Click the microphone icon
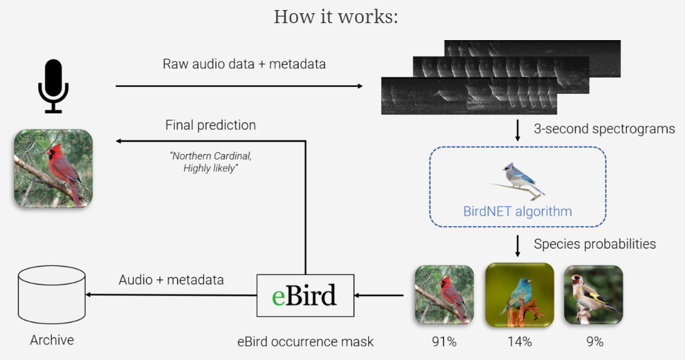point(53,86)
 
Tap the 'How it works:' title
point(336,16)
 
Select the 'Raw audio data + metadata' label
point(244,64)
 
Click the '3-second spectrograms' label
point(604,129)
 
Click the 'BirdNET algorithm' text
point(517,211)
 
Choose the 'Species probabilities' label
point(595,244)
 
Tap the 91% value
point(444,342)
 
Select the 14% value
point(520,342)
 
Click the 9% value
point(594,342)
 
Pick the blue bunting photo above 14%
point(520,295)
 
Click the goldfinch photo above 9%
point(593,295)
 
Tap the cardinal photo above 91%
point(444,295)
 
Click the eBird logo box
point(305,295)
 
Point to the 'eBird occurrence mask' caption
point(305,342)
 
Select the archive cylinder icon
point(52,295)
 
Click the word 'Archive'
point(52,340)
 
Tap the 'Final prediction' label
point(210,125)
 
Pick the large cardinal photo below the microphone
point(53,168)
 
